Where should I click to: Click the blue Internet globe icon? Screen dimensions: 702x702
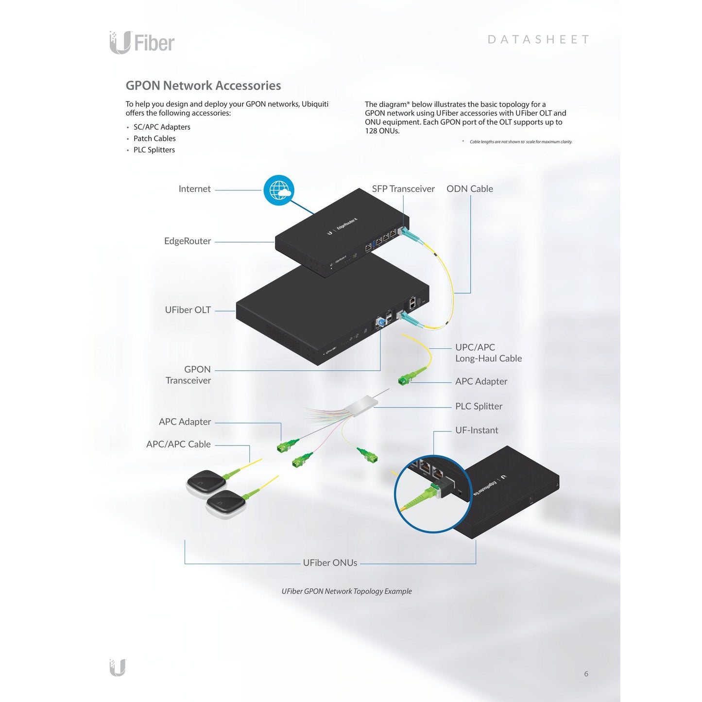pyautogui.click(x=279, y=190)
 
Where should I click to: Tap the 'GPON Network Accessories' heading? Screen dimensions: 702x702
pyautogui.click(x=203, y=86)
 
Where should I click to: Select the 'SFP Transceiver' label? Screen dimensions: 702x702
pyautogui.click(x=403, y=188)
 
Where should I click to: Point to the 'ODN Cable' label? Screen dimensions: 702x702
pyautogui.click(x=470, y=188)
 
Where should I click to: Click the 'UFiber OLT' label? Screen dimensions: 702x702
pyautogui.click(x=188, y=309)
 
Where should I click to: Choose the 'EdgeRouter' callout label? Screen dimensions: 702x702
pyautogui.click(x=187, y=241)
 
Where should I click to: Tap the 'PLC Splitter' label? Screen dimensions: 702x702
pyautogui.click(x=479, y=406)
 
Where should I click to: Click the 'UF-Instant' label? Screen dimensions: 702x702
pyautogui.click(x=477, y=430)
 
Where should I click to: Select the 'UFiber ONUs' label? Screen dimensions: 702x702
pyautogui.click(x=330, y=563)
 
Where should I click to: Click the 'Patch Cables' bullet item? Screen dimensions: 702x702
pyautogui.click(x=154, y=138)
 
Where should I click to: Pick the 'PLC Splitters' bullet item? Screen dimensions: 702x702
pyautogui.click(x=154, y=150)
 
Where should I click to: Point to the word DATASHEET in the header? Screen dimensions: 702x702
pyautogui.click(x=538, y=39)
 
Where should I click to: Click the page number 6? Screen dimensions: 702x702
pyautogui.click(x=586, y=674)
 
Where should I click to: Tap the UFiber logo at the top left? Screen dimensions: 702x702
pyautogui.click(x=142, y=43)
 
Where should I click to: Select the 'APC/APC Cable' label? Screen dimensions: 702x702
pyautogui.click(x=178, y=444)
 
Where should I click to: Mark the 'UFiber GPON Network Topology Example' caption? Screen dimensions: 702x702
pyautogui.click(x=346, y=591)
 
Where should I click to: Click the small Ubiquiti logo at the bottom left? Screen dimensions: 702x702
pyautogui.click(x=118, y=668)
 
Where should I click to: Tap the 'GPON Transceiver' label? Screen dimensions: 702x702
pyautogui.click(x=188, y=375)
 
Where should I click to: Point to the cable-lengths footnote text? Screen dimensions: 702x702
pyautogui.click(x=521, y=142)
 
